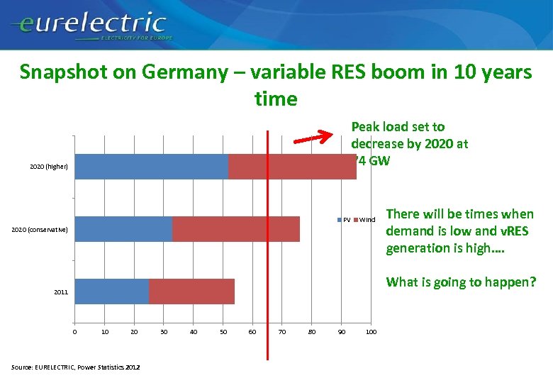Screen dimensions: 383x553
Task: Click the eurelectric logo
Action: [89, 27]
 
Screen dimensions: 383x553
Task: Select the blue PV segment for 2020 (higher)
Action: [151, 167]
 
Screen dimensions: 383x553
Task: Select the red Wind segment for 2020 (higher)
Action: [291, 167]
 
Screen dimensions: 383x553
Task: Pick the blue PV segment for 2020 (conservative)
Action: [123, 229]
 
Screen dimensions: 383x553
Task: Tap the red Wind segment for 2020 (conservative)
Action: [235, 229]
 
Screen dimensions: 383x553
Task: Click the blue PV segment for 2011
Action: [111, 292]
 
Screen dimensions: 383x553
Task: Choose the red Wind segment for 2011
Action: [191, 292]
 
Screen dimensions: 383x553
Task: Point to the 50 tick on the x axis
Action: [223, 332]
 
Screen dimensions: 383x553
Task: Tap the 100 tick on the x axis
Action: [370, 332]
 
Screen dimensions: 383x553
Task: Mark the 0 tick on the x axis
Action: [74, 332]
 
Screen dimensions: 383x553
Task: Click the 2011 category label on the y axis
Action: [61, 292]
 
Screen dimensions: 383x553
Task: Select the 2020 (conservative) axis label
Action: [40, 230]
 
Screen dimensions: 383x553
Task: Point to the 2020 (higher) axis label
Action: [49, 167]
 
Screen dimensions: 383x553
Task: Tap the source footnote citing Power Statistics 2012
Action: [76, 367]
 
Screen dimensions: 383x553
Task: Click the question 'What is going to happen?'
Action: [461, 282]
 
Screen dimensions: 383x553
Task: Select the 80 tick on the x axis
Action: [311, 332]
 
